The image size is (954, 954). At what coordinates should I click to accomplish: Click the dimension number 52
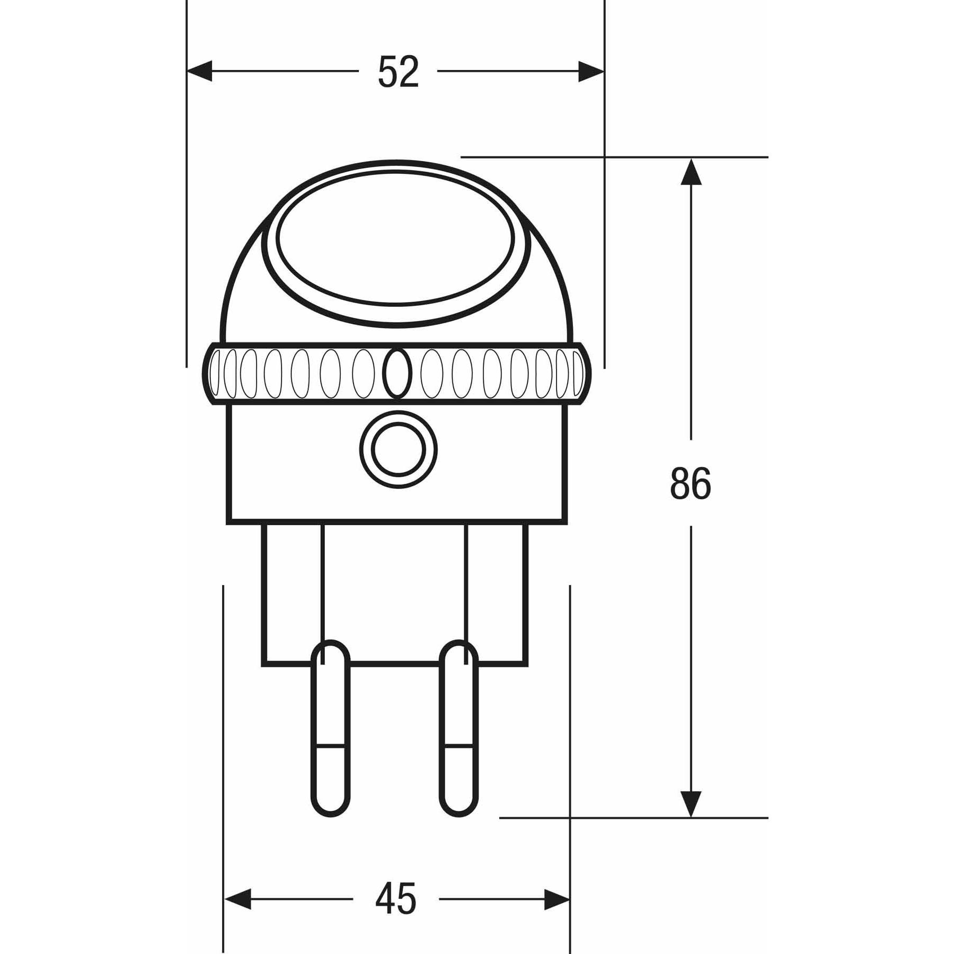pos(399,72)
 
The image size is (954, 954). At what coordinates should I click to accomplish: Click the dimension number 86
pos(690,483)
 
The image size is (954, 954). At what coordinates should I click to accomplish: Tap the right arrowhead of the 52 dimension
pos(590,71)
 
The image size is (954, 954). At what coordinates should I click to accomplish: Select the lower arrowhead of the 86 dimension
pos(691,803)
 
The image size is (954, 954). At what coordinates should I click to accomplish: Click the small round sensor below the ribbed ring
pos(399,449)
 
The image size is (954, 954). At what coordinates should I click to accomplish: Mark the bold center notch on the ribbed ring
pos(397,373)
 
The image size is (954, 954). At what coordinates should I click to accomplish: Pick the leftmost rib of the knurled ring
pos(215,373)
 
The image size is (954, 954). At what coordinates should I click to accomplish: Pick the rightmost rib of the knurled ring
pos(577,373)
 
